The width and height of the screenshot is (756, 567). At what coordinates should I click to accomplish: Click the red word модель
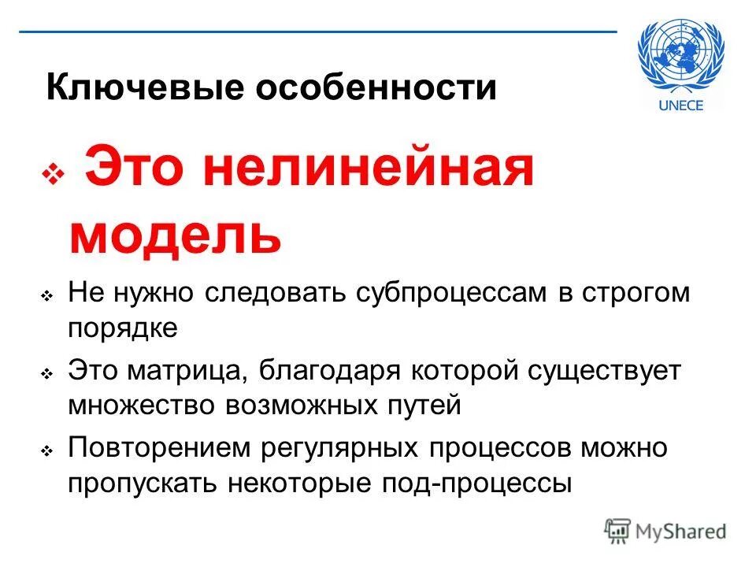click(175, 235)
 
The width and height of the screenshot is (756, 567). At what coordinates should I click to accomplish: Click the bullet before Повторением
click(46, 451)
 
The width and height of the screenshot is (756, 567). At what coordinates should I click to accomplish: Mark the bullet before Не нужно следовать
click(46, 296)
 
